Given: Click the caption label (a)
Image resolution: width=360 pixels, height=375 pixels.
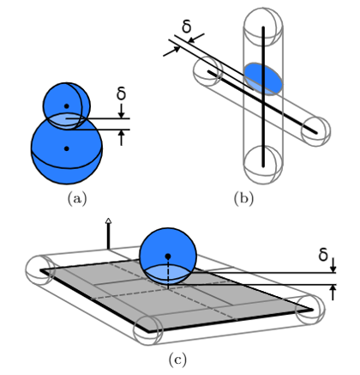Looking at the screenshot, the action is [77, 198].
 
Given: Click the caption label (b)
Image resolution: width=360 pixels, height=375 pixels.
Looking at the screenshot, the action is [243, 198].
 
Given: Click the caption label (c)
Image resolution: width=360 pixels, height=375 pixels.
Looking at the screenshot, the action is [177, 360].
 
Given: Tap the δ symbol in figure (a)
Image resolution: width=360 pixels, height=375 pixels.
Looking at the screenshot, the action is [122, 93].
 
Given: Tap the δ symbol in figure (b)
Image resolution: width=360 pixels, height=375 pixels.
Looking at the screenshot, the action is [187, 27].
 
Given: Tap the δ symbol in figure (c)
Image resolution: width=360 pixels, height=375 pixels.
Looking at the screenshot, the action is [323, 254].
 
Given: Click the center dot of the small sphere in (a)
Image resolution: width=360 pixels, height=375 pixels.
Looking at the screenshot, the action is [67, 106].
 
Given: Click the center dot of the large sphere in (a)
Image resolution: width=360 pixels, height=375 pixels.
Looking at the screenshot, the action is [67, 148].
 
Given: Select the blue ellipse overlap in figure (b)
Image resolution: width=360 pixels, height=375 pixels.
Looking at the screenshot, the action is [263, 79].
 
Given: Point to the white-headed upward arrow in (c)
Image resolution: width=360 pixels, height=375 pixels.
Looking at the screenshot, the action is [108, 233].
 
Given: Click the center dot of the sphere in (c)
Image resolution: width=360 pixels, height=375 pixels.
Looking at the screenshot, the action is [168, 256].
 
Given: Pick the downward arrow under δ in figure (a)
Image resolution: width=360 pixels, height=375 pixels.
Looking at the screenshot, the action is [122, 111].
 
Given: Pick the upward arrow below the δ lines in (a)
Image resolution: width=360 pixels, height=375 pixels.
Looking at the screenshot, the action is [122, 138].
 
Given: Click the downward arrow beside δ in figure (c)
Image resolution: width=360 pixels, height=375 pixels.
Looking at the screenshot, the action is [333, 265].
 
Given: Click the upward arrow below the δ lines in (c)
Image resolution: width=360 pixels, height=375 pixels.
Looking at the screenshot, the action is [333, 293].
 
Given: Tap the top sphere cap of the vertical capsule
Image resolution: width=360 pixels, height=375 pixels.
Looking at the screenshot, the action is [263, 27].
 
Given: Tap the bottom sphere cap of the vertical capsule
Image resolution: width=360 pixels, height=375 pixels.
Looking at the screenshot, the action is [263, 165].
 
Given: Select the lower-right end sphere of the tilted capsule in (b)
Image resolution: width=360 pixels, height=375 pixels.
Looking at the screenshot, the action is [315, 131].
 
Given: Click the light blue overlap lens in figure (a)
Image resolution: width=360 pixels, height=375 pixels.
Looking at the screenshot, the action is [66, 121].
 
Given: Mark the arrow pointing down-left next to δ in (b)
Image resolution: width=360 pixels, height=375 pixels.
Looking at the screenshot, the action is [196, 38].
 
